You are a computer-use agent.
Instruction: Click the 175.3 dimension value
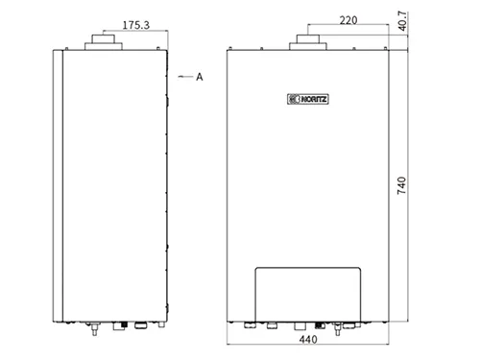136,25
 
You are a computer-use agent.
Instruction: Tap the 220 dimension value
348,20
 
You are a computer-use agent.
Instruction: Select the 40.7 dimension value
402,21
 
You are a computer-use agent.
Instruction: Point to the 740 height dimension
401,185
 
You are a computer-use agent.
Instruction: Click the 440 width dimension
308,339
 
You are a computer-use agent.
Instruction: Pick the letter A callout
200,77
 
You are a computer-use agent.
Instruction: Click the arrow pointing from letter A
185,77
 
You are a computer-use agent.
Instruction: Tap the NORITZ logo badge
308,99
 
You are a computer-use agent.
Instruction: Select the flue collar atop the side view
104,42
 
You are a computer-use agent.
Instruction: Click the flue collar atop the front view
308,42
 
